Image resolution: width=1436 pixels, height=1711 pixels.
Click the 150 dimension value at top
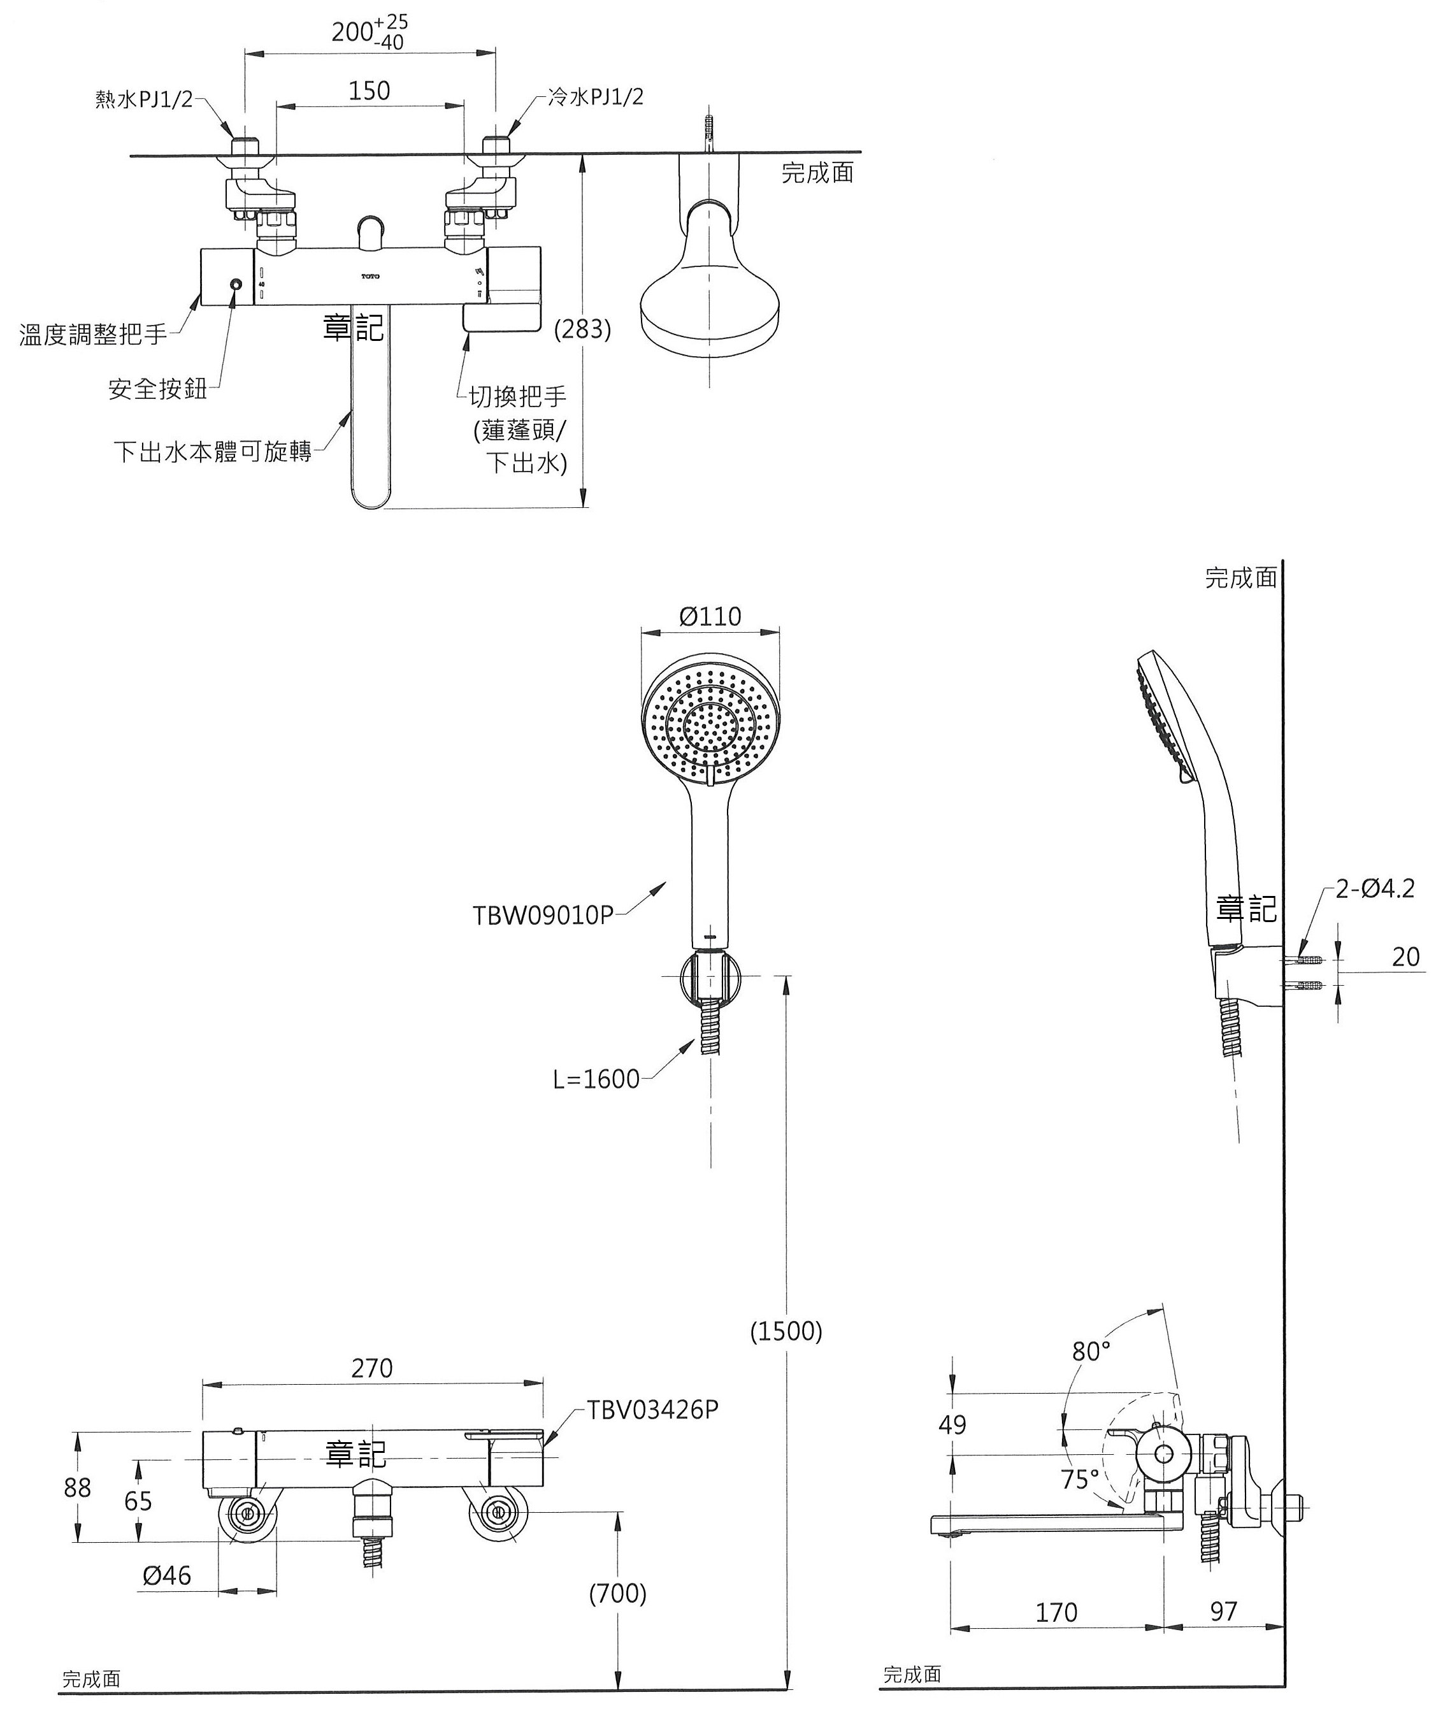369,90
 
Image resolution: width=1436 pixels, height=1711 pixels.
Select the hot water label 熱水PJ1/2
144,99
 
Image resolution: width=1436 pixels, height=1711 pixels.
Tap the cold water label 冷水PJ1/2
596,97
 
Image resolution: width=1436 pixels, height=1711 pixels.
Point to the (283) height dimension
582,329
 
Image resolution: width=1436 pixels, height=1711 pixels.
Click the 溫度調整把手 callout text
93,334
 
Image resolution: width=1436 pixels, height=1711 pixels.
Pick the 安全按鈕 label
157,389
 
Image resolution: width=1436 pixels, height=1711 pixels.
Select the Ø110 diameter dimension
710,616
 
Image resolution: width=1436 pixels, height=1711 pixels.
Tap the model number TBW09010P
542,916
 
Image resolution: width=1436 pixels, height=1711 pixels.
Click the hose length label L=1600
596,1079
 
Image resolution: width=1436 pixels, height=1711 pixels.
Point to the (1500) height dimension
786,1331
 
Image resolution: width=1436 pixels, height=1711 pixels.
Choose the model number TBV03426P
653,1410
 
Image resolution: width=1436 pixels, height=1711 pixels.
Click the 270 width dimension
372,1368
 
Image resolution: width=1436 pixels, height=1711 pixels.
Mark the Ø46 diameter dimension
167,1576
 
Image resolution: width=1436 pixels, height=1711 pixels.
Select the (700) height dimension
617,1593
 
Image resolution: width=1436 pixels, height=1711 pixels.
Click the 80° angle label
1091,1352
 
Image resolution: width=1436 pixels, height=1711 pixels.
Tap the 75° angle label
1080,1479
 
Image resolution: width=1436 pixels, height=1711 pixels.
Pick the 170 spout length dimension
1056,1612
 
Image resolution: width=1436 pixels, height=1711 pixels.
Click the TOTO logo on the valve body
371,277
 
